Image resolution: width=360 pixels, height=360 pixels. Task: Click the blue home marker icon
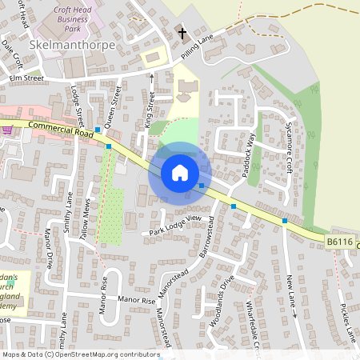point(180,173)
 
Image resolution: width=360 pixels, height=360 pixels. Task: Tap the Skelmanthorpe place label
point(72,46)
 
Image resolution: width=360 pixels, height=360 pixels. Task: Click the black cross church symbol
point(182,34)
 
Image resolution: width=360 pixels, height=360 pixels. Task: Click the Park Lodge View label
point(175,226)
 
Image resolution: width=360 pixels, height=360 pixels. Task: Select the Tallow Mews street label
point(84,214)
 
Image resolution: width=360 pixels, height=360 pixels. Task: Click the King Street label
point(149,110)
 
